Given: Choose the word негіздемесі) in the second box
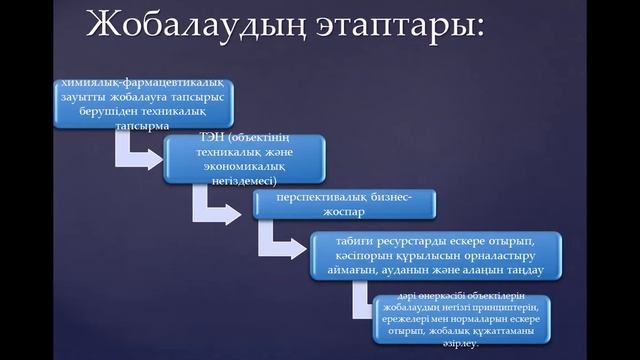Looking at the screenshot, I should coord(243,181).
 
